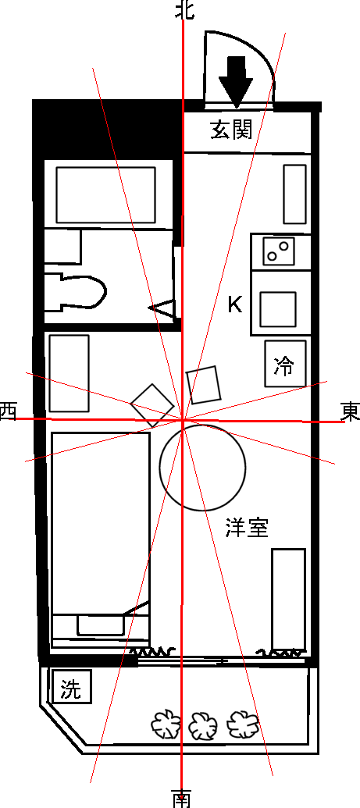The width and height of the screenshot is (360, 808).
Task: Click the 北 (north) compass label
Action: [x=184, y=9]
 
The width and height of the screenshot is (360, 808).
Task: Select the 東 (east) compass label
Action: [x=351, y=412]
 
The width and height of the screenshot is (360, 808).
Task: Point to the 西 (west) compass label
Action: [x=8, y=411]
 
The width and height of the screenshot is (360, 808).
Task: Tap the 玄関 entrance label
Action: [x=232, y=130]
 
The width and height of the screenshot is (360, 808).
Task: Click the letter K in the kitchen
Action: [x=235, y=305]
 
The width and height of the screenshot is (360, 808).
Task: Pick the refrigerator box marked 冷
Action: [x=285, y=363]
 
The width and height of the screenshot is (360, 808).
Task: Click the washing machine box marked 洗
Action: [x=72, y=686]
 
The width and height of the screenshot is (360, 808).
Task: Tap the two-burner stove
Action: [x=279, y=251]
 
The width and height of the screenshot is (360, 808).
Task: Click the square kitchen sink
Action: [x=278, y=309]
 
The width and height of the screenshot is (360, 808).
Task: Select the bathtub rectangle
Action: [x=105, y=195]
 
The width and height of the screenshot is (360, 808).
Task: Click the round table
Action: [x=202, y=468]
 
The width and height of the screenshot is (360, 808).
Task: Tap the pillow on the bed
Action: [x=101, y=625]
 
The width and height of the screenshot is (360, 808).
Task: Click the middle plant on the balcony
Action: [x=203, y=726]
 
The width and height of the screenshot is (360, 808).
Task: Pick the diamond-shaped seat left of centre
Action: [x=152, y=405]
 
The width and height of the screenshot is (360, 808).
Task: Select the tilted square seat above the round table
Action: [x=204, y=385]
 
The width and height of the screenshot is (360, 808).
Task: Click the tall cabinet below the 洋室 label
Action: [x=289, y=600]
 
